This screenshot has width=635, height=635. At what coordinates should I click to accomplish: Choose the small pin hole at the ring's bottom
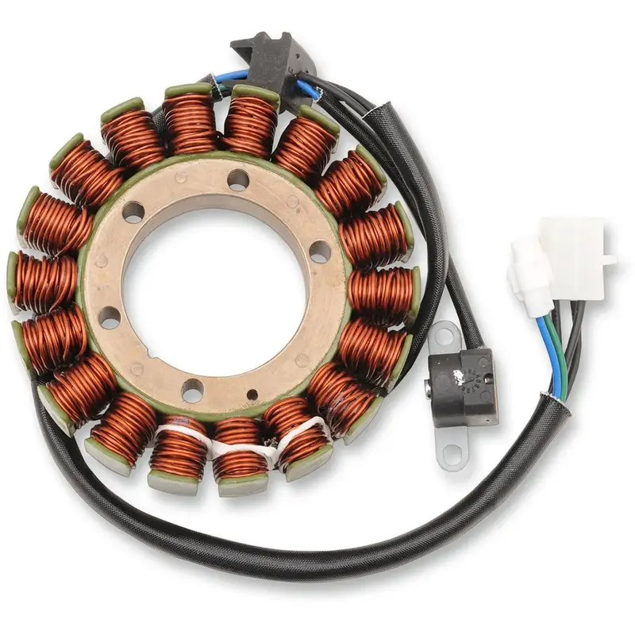pos(252,394)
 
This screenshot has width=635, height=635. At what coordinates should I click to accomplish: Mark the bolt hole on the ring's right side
pos(320,252)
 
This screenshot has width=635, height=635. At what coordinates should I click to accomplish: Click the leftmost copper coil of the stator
pos(44,282)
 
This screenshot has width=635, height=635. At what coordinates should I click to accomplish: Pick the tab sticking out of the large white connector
pos(610,259)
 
